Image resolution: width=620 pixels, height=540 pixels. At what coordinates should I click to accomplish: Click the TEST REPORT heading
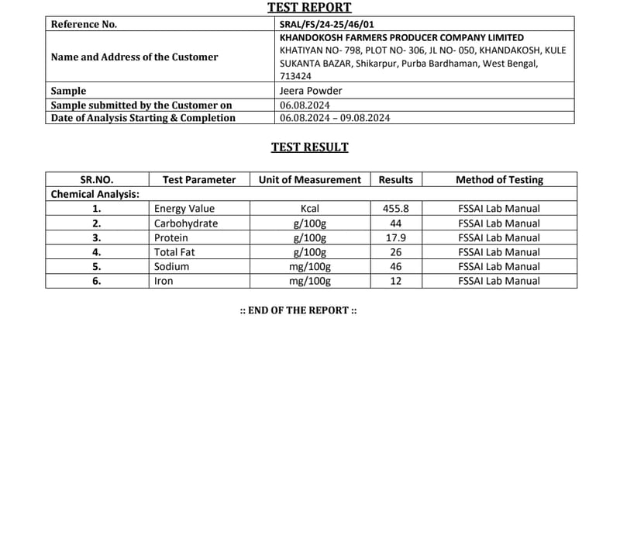coord(309,8)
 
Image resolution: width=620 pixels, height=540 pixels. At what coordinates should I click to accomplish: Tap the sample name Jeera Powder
coord(311,91)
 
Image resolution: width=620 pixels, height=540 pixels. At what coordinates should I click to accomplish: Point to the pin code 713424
coord(295,76)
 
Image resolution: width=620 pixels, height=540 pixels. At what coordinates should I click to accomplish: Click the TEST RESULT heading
coord(309,147)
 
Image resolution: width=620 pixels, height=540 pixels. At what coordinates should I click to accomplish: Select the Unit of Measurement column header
coord(309,180)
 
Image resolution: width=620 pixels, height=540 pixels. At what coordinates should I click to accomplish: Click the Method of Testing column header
coord(499,180)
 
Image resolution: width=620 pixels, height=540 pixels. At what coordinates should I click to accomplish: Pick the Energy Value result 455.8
coord(395,209)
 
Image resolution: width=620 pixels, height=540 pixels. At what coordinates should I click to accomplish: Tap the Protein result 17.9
coord(395,238)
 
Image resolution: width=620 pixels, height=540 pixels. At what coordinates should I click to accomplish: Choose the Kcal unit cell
coord(309,209)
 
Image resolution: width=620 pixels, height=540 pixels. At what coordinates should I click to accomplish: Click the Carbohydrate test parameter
coord(186,223)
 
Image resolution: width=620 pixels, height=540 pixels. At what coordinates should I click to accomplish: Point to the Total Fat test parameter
coord(175,252)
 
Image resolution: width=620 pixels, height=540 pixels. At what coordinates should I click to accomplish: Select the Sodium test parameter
coord(171,266)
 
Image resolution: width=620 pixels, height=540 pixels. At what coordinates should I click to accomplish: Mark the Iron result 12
coord(395,281)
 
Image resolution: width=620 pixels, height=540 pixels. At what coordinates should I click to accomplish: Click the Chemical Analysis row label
coord(95,194)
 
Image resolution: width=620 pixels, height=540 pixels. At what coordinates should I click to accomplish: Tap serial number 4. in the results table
coord(96,252)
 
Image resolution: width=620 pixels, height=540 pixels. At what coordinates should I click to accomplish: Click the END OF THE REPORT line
coord(298,310)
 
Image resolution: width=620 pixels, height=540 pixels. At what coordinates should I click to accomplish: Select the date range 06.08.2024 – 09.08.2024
coord(335,118)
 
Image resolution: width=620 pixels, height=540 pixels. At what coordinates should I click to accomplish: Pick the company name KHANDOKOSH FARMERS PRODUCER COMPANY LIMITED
coord(401,37)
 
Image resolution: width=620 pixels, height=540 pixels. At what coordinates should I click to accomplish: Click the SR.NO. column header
coord(96,180)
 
